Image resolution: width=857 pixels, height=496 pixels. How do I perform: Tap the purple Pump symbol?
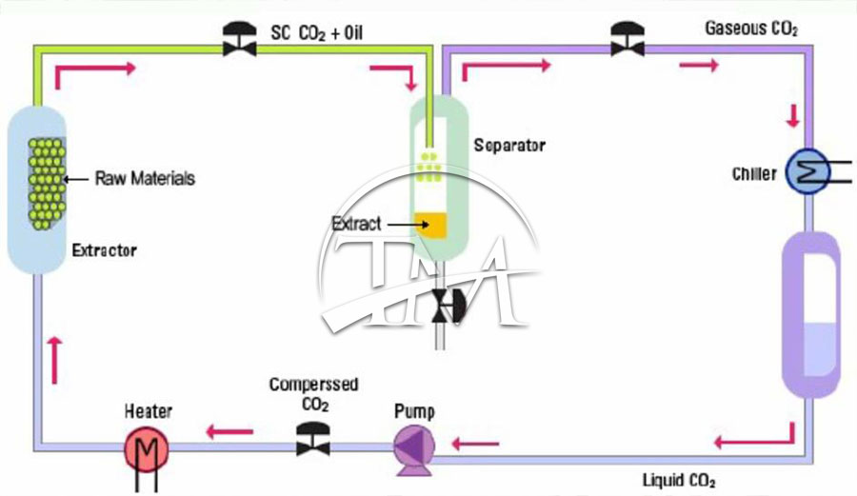[414, 445]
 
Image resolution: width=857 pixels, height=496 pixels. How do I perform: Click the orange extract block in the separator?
[434, 225]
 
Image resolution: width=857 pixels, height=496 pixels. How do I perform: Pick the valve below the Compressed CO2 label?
[311, 441]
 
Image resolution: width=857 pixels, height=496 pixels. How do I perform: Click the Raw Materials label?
[145, 178]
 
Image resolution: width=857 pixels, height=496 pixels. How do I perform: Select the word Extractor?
[105, 251]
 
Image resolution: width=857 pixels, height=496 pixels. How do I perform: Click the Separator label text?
[509, 146]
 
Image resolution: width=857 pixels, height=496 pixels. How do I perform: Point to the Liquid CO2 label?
[679, 478]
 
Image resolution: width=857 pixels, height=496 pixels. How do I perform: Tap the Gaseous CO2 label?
[751, 29]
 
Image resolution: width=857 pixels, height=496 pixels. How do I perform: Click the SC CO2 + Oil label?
[318, 35]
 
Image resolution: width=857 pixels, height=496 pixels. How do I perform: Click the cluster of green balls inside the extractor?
[46, 178]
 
